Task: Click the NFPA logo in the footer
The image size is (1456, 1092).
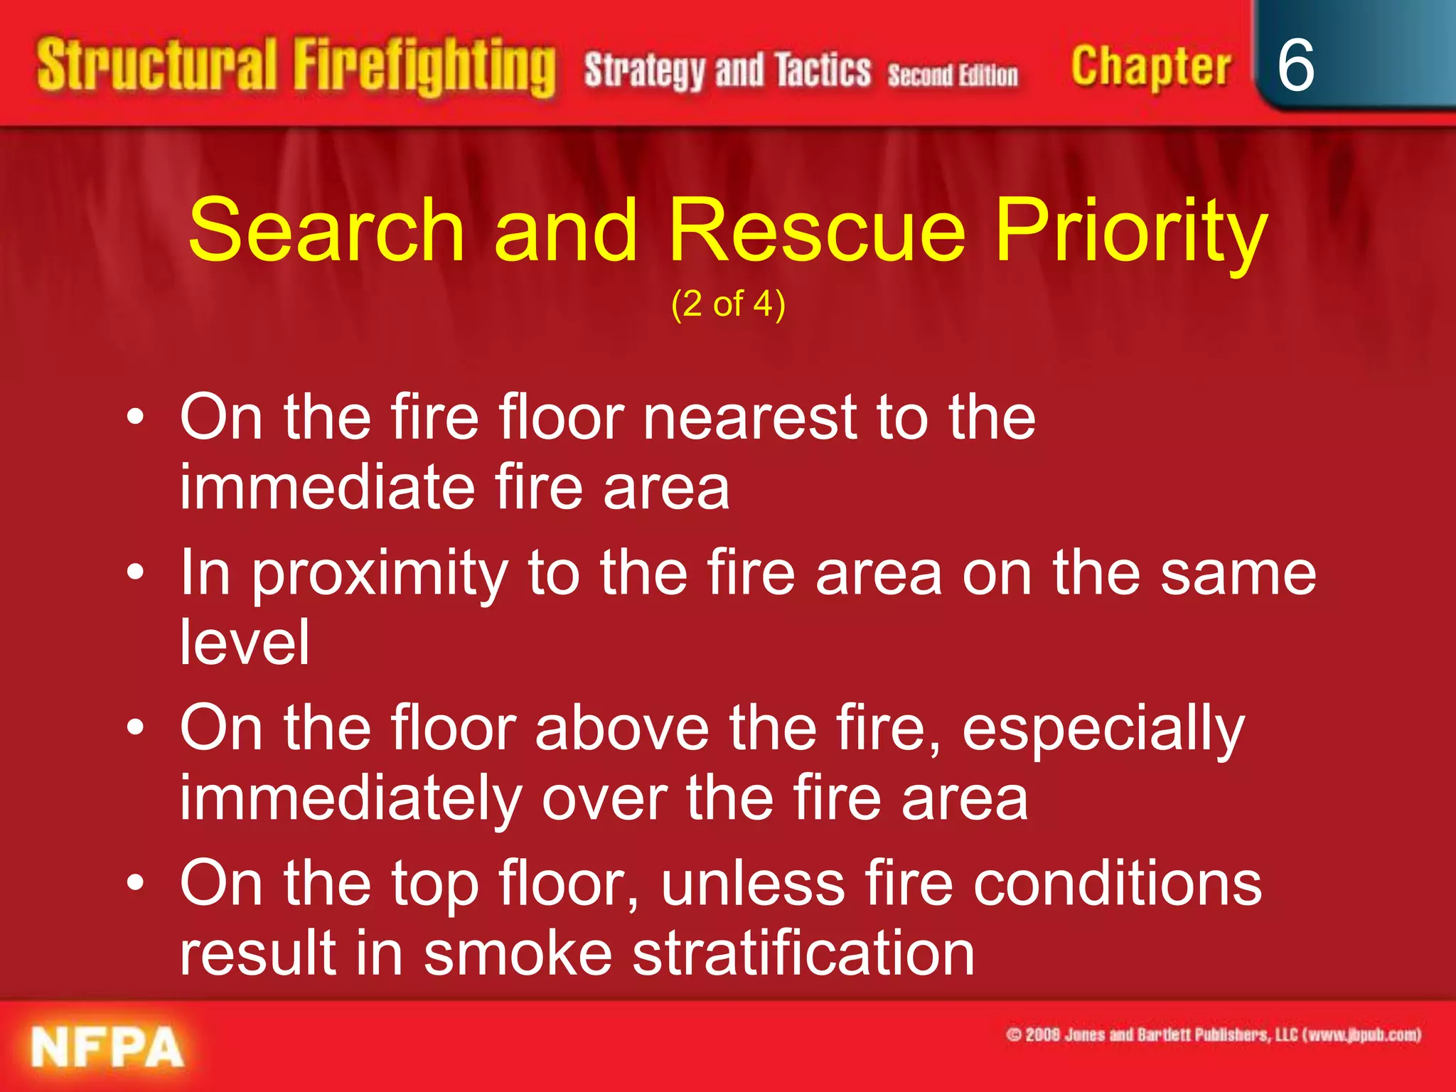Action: pyautogui.click(x=107, y=1047)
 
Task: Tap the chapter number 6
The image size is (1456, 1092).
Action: pyautogui.click(x=1295, y=65)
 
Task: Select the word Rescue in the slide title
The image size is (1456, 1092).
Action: pyautogui.click(x=818, y=230)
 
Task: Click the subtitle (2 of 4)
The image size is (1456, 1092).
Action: pyautogui.click(x=728, y=304)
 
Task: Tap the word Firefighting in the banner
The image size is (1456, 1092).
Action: pyautogui.click(x=425, y=68)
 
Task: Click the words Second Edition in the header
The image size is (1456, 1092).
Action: pyautogui.click(x=953, y=75)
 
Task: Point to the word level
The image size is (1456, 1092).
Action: pyautogui.click(x=245, y=643)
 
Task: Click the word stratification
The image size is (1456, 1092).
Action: pyautogui.click(x=803, y=954)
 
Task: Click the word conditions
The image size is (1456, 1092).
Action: pyautogui.click(x=1117, y=884)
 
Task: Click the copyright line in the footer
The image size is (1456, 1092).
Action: pyautogui.click(x=1213, y=1034)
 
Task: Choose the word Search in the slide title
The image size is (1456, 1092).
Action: pyautogui.click(x=327, y=230)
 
